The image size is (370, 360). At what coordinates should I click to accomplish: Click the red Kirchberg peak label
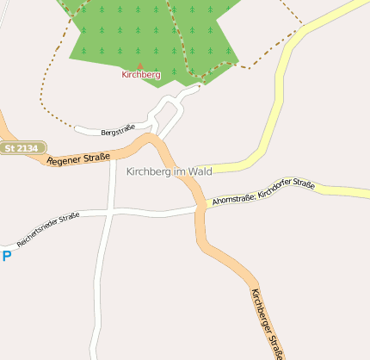[141, 75]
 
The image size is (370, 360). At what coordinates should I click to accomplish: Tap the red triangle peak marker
[141, 65]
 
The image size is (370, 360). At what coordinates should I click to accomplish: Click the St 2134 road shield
[22, 148]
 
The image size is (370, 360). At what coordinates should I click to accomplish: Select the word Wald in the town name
[200, 172]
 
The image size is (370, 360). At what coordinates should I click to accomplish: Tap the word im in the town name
[180, 172]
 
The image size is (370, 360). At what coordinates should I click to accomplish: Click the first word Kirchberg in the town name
[149, 172]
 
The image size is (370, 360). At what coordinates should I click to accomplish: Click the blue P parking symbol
[6, 256]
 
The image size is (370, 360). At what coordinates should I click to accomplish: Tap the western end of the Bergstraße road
[77, 129]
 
